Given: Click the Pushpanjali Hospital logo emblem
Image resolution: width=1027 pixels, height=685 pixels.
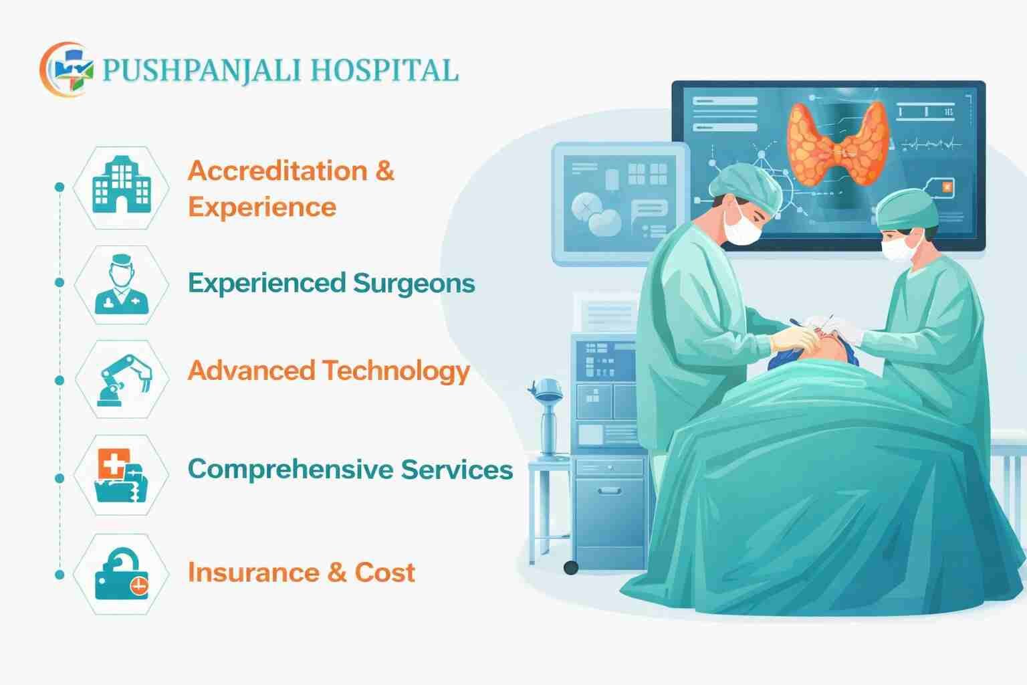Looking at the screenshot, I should coord(66,70).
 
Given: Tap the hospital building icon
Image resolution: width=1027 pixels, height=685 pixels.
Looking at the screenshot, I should coord(121,185).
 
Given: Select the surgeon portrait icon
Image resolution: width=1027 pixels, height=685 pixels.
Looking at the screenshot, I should coord(121,284).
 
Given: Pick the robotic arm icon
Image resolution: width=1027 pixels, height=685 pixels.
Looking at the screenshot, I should coord(123,380).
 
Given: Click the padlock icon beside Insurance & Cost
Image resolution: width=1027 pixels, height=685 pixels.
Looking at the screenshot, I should coord(121,574).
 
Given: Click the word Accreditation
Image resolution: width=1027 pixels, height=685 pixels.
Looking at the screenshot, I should coord(277,171).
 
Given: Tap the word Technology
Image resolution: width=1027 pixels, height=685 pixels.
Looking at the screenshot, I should coord(396,371).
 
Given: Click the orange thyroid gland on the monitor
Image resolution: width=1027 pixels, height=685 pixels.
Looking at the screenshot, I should coord(838,144).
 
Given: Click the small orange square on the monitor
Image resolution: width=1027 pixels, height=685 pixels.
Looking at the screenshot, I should coord(947,188).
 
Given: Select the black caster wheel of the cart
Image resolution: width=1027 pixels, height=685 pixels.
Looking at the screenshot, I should coord(570,567).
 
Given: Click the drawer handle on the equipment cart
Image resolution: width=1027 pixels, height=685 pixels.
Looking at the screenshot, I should coord(609,491).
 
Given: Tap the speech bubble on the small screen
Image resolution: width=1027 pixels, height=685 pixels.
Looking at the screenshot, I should coord(648,211).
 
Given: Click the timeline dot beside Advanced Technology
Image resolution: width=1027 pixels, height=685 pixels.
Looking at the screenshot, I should coord(59,380).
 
